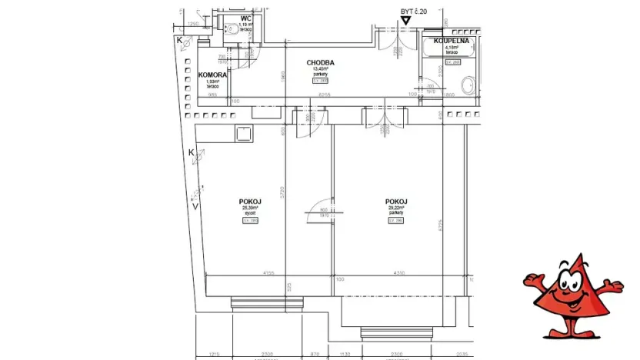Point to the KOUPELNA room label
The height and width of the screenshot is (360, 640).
[452, 40]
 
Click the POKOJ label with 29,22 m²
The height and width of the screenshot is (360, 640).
[396, 201]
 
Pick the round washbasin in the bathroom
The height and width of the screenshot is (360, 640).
[465, 85]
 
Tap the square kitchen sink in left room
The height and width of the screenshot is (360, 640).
[245, 134]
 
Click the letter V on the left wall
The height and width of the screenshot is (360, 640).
[195, 205]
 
